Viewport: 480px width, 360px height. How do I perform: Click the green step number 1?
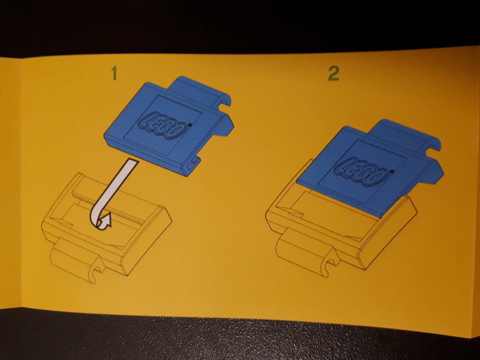(114, 73)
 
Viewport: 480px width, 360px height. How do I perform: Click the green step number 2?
(334, 74)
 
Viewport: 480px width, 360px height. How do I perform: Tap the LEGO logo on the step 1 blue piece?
(163, 125)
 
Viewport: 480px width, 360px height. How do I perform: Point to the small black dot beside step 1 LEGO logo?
(190, 125)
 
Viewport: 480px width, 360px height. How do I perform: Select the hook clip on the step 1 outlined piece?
(78, 260)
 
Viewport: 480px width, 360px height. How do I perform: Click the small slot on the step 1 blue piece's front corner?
(192, 165)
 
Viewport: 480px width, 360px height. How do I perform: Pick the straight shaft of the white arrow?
(120, 180)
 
